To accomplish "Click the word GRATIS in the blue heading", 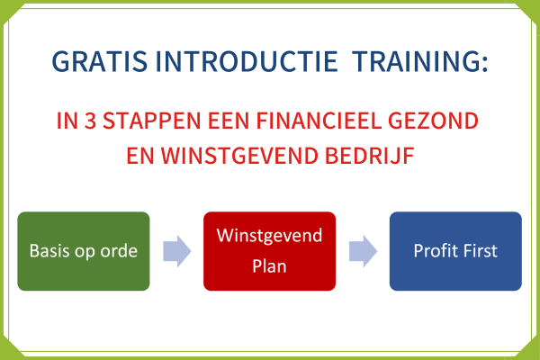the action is pyautogui.click(x=100, y=61).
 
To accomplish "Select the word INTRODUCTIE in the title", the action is pyautogui.click(x=247, y=61).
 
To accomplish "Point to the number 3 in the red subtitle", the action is pyautogui.click(x=90, y=121).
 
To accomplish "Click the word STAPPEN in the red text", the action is pyautogui.click(x=151, y=121).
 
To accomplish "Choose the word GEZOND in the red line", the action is pyautogui.click(x=433, y=121).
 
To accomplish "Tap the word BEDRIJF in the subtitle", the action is pyautogui.click(x=370, y=156).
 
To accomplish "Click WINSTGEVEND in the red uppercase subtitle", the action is pyautogui.click(x=239, y=156).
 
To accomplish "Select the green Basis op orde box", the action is pyautogui.click(x=84, y=251).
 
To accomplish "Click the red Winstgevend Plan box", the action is pyautogui.click(x=270, y=251).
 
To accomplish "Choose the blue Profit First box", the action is pyautogui.click(x=455, y=251).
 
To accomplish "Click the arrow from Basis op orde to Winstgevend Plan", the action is pyautogui.click(x=177, y=251).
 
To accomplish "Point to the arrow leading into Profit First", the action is pyautogui.click(x=363, y=251).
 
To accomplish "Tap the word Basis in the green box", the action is pyautogui.click(x=49, y=251).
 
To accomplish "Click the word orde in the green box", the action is pyautogui.click(x=119, y=251).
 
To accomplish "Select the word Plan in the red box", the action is pyautogui.click(x=269, y=266).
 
